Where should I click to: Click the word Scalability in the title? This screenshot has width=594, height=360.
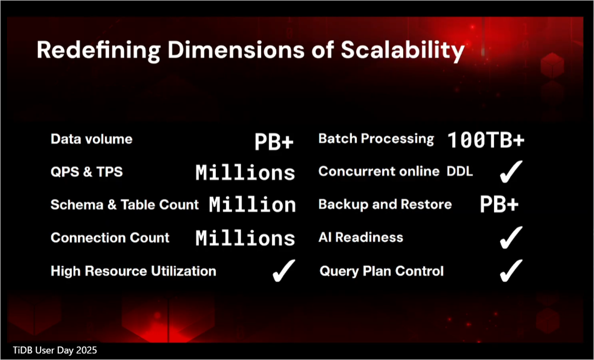point(403,50)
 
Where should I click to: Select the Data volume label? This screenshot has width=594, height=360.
point(92,139)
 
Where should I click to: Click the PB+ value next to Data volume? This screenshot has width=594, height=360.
point(274,142)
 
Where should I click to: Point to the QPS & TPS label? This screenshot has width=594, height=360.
point(87,172)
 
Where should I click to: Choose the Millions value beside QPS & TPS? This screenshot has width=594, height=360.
point(245,173)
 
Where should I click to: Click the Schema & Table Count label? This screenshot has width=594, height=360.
point(125,205)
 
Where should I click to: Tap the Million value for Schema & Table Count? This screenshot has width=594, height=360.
point(252,205)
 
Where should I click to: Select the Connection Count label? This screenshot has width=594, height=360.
point(110,238)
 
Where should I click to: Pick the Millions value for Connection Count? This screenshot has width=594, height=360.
point(245,238)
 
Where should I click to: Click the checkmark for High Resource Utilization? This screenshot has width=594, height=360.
point(284,271)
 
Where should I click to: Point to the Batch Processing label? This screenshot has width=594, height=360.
point(376,139)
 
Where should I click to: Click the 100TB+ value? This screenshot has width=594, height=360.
point(486,140)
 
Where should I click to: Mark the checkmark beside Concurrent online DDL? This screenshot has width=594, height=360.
point(511,172)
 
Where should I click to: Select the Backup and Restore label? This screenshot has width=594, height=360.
point(385,205)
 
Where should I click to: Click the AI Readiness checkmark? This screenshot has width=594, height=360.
point(511,238)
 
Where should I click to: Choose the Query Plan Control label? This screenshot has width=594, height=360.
point(382,271)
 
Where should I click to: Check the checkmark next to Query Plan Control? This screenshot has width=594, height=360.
point(511,271)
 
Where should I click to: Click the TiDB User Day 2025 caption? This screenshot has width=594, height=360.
point(55,350)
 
